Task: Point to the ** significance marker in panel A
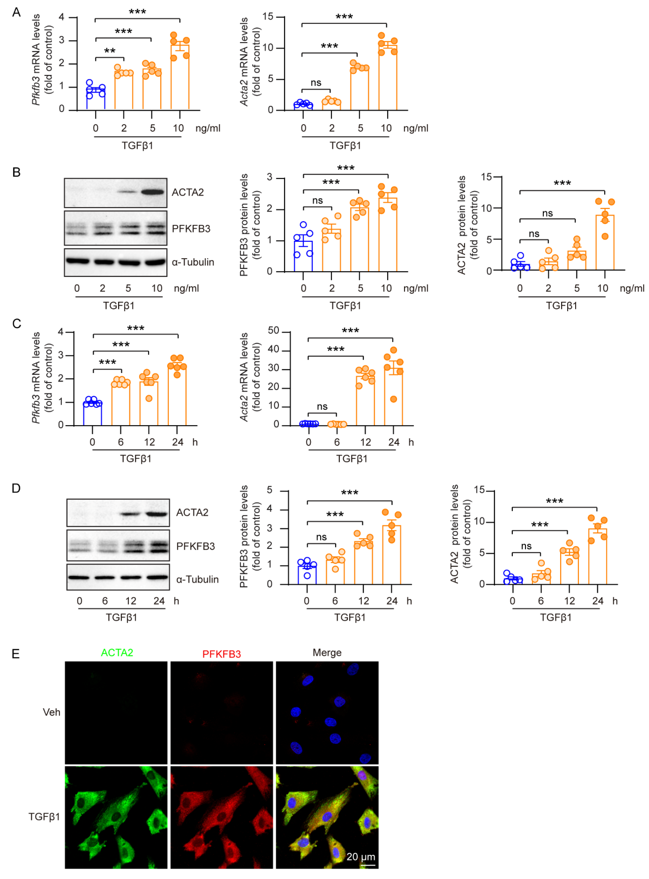[110, 51]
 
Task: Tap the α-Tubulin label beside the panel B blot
[193, 262]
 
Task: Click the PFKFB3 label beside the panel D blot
[195, 546]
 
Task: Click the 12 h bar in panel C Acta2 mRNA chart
[365, 401]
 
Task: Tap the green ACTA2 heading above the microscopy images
[117, 653]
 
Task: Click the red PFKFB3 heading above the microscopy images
[222, 654]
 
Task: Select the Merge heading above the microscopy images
[327, 653]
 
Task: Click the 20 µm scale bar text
[361, 857]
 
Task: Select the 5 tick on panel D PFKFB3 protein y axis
[269, 490]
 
